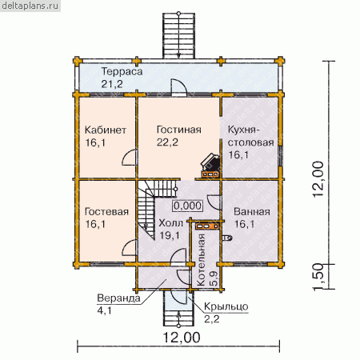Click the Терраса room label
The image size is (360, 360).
(x=122, y=72)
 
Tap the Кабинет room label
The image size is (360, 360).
(x=106, y=130)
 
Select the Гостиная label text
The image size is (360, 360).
(x=179, y=130)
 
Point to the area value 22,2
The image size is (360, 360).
(x=167, y=142)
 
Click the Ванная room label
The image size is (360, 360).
(x=252, y=212)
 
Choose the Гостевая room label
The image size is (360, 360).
(x=106, y=212)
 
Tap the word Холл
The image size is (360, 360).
(x=171, y=223)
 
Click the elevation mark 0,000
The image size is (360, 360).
(x=188, y=206)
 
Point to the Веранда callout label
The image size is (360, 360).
(x=118, y=298)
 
